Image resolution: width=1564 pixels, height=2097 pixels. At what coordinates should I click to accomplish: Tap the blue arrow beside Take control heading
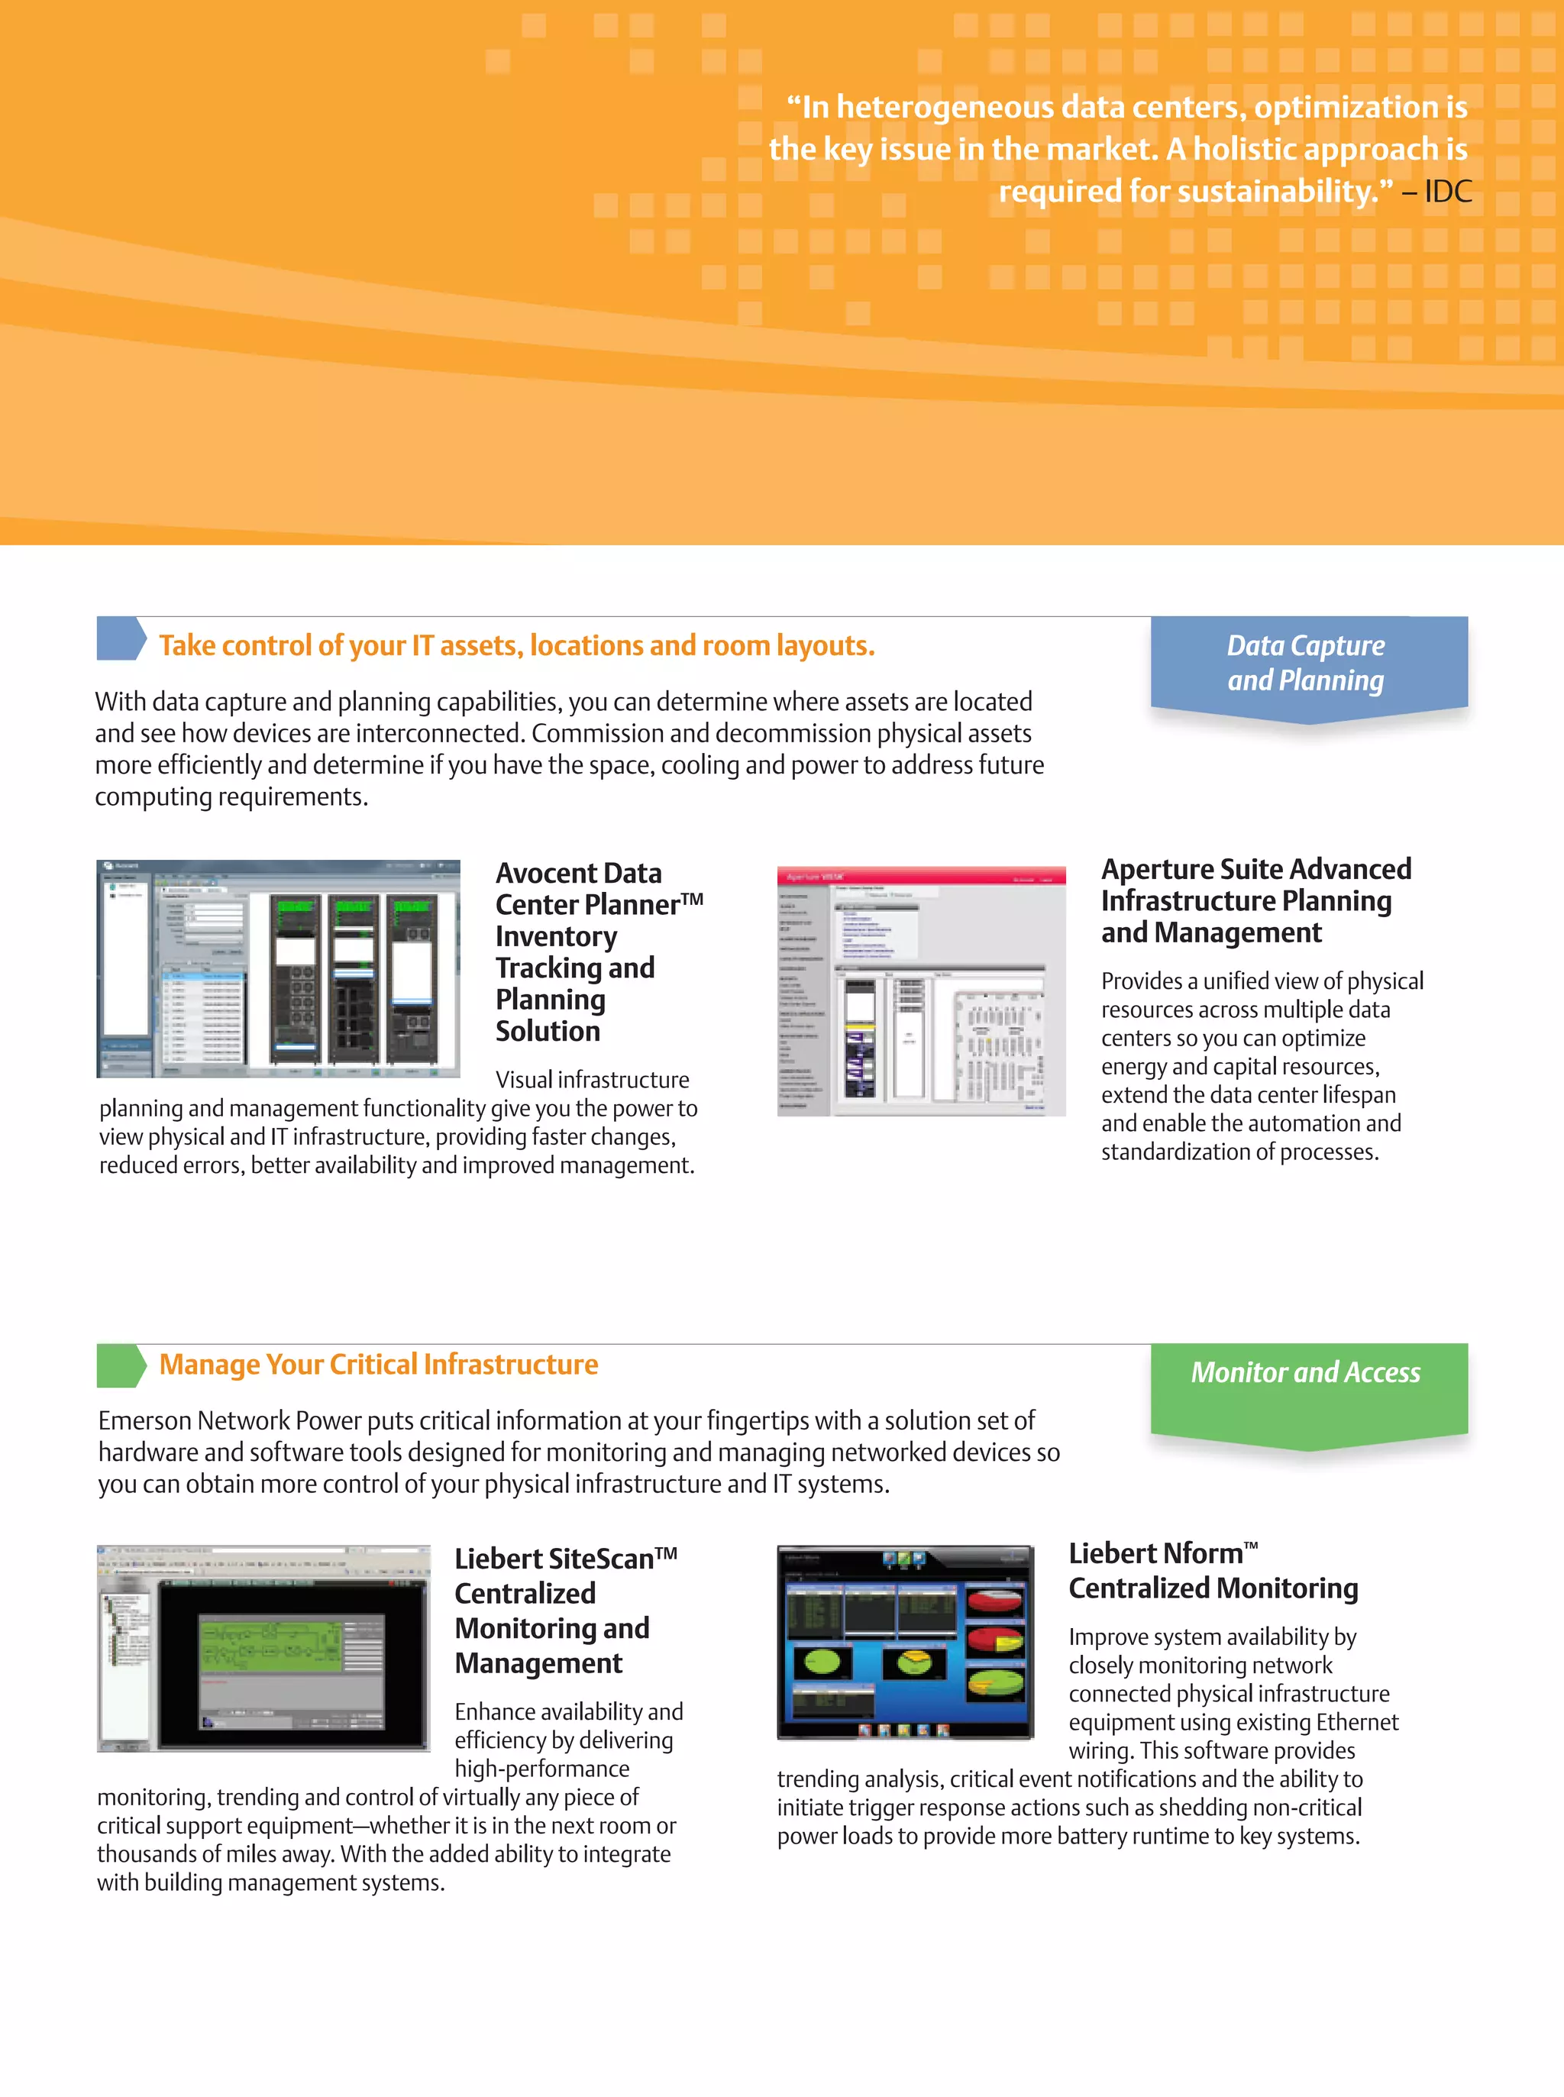click(120, 639)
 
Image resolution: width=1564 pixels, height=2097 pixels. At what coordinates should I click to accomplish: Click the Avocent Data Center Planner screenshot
click(278, 968)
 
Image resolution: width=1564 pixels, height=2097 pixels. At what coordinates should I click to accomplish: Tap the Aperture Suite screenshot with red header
click(921, 990)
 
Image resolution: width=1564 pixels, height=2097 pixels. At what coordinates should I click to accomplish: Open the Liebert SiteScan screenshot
click(263, 1647)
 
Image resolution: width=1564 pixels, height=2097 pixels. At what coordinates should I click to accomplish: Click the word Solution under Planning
click(548, 1031)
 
